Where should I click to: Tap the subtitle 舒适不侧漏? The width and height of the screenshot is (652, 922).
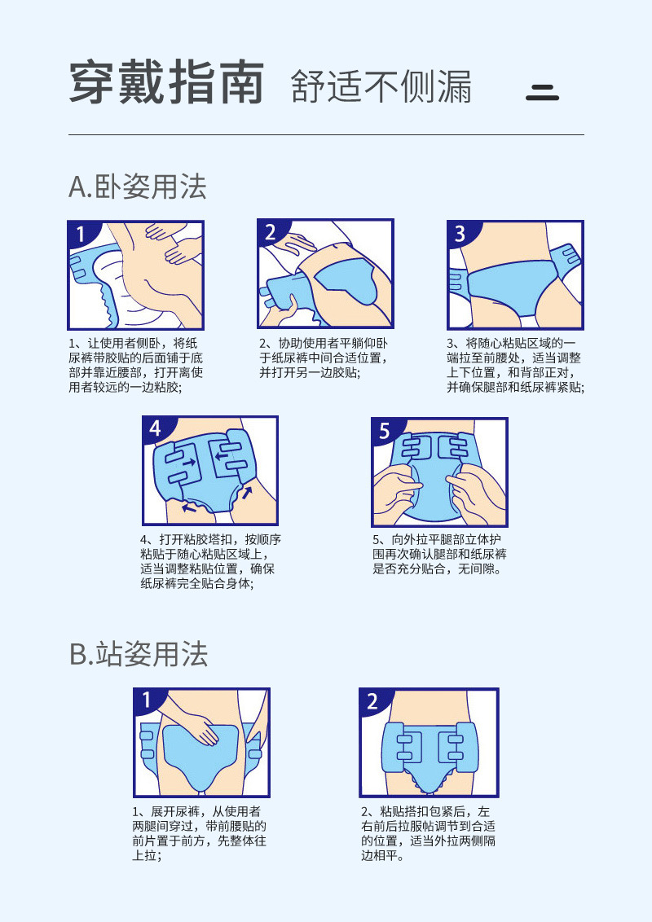(x=381, y=86)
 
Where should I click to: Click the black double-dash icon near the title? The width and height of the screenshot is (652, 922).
(x=542, y=92)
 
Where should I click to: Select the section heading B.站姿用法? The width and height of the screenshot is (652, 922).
(x=139, y=654)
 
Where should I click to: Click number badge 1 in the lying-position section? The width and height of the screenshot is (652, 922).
(x=80, y=235)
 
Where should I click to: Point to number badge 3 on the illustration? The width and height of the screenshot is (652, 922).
(x=460, y=235)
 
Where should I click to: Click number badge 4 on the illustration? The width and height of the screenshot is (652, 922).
(x=155, y=428)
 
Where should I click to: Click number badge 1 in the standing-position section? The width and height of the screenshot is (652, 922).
(x=147, y=700)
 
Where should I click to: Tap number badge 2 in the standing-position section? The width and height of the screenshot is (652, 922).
(x=372, y=701)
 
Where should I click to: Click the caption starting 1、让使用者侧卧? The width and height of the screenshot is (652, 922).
(x=135, y=365)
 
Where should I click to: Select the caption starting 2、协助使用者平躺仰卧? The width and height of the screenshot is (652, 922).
(x=324, y=358)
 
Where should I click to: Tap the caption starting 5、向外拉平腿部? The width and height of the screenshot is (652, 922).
(x=440, y=554)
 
